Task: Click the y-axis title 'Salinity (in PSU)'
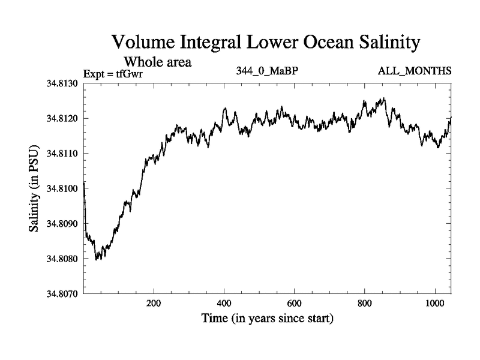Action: (34, 188)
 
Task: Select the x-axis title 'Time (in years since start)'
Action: (268, 319)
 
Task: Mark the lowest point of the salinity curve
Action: (97, 260)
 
